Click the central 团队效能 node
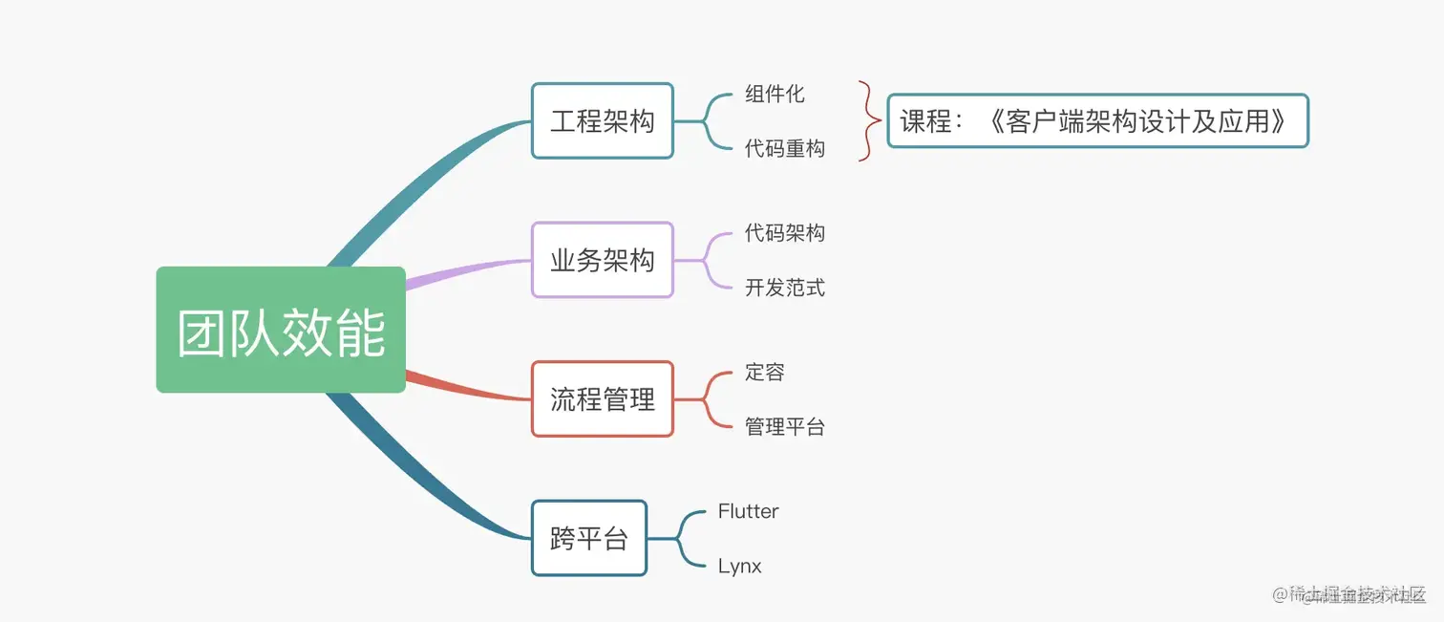pyautogui.click(x=281, y=330)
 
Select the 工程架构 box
pyautogui.click(x=602, y=120)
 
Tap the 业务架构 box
pyautogui.click(x=602, y=260)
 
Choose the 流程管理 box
pyautogui.click(x=602, y=398)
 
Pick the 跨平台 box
pyautogui.click(x=588, y=538)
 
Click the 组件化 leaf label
pyautogui.click(x=775, y=94)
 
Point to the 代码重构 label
pyautogui.click(x=784, y=149)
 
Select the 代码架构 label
pyautogui.click(x=784, y=233)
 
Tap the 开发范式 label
pyautogui.click(x=784, y=288)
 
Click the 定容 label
pyautogui.click(x=764, y=372)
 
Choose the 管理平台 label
pyautogui.click(x=784, y=427)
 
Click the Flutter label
pyautogui.click(x=748, y=511)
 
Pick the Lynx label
pyautogui.click(x=739, y=567)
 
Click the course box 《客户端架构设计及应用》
pyautogui.click(x=1096, y=121)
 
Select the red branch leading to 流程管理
pyautogui.click(x=468, y=388)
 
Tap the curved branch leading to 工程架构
pyautogui.click(x=420, y=182)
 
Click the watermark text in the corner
pyautogui.click(x=1348, y=594)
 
